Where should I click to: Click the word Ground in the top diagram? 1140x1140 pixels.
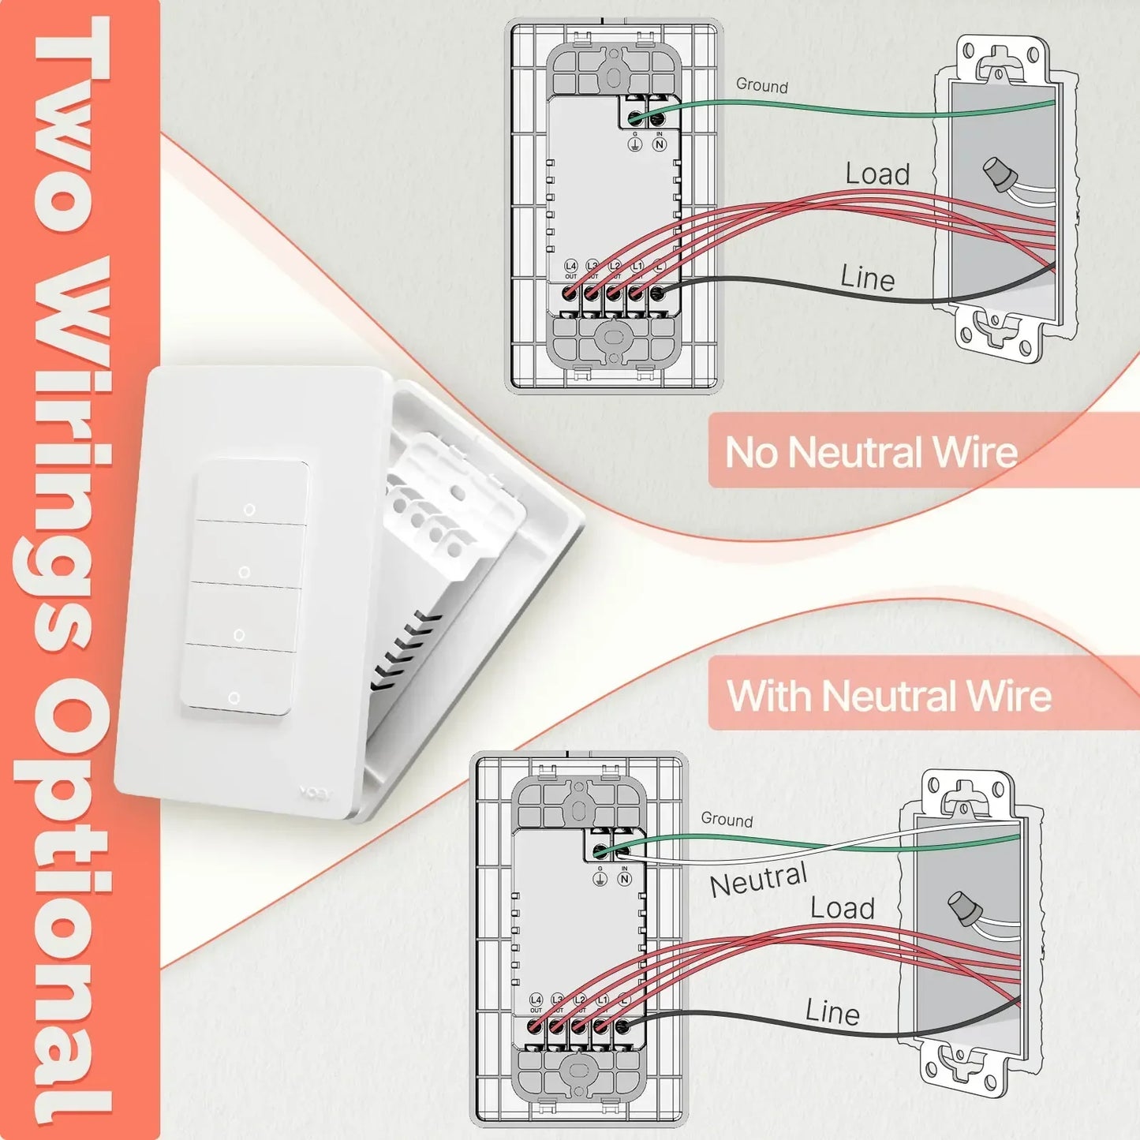point(761,85)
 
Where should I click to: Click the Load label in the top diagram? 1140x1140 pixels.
point(877,174)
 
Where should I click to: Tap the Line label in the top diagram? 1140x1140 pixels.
point(867,278)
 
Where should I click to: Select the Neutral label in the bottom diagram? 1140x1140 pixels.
point(758,880)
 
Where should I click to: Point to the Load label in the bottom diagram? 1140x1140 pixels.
point(843,908)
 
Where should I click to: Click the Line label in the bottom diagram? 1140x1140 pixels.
point(832,1012)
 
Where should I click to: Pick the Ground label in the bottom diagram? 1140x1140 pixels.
point(727,820)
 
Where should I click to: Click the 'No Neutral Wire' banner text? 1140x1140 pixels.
point(871,452)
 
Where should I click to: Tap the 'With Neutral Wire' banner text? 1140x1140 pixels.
point(889,696)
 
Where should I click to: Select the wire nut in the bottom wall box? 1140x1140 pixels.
point(964,909)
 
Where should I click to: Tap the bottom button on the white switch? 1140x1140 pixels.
point(235,683)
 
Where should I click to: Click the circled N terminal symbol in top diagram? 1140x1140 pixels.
point(660,144)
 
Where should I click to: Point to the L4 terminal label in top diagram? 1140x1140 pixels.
point(570,267)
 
